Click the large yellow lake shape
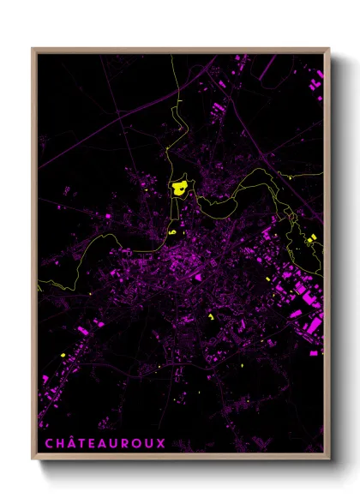[x=180, y=189]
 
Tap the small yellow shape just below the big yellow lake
[x=172, y=231]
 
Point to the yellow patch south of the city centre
[x=210, y=316]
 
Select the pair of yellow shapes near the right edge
[x=310, y=240]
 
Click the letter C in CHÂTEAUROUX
[x=49, y=443]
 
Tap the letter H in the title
[x=62, y=443]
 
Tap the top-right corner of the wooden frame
[x=329, y=49]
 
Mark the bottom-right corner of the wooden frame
[x=329, y=455]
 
